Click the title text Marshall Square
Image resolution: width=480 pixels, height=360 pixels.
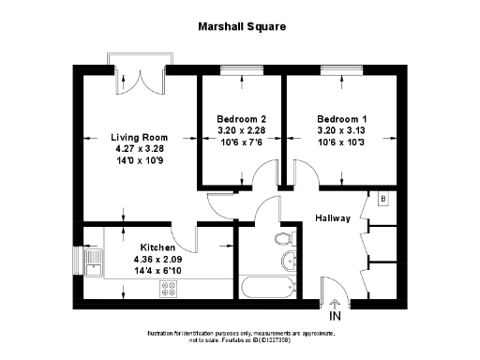241,27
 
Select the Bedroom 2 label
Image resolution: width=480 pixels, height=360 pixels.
242,119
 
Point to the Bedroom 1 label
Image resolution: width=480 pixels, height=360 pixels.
341,119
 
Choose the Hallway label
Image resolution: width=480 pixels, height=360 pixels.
333,217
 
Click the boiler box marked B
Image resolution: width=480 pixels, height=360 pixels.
382,199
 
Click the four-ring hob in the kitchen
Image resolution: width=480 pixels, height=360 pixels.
172,290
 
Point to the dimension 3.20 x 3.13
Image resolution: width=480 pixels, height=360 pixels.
341,131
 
